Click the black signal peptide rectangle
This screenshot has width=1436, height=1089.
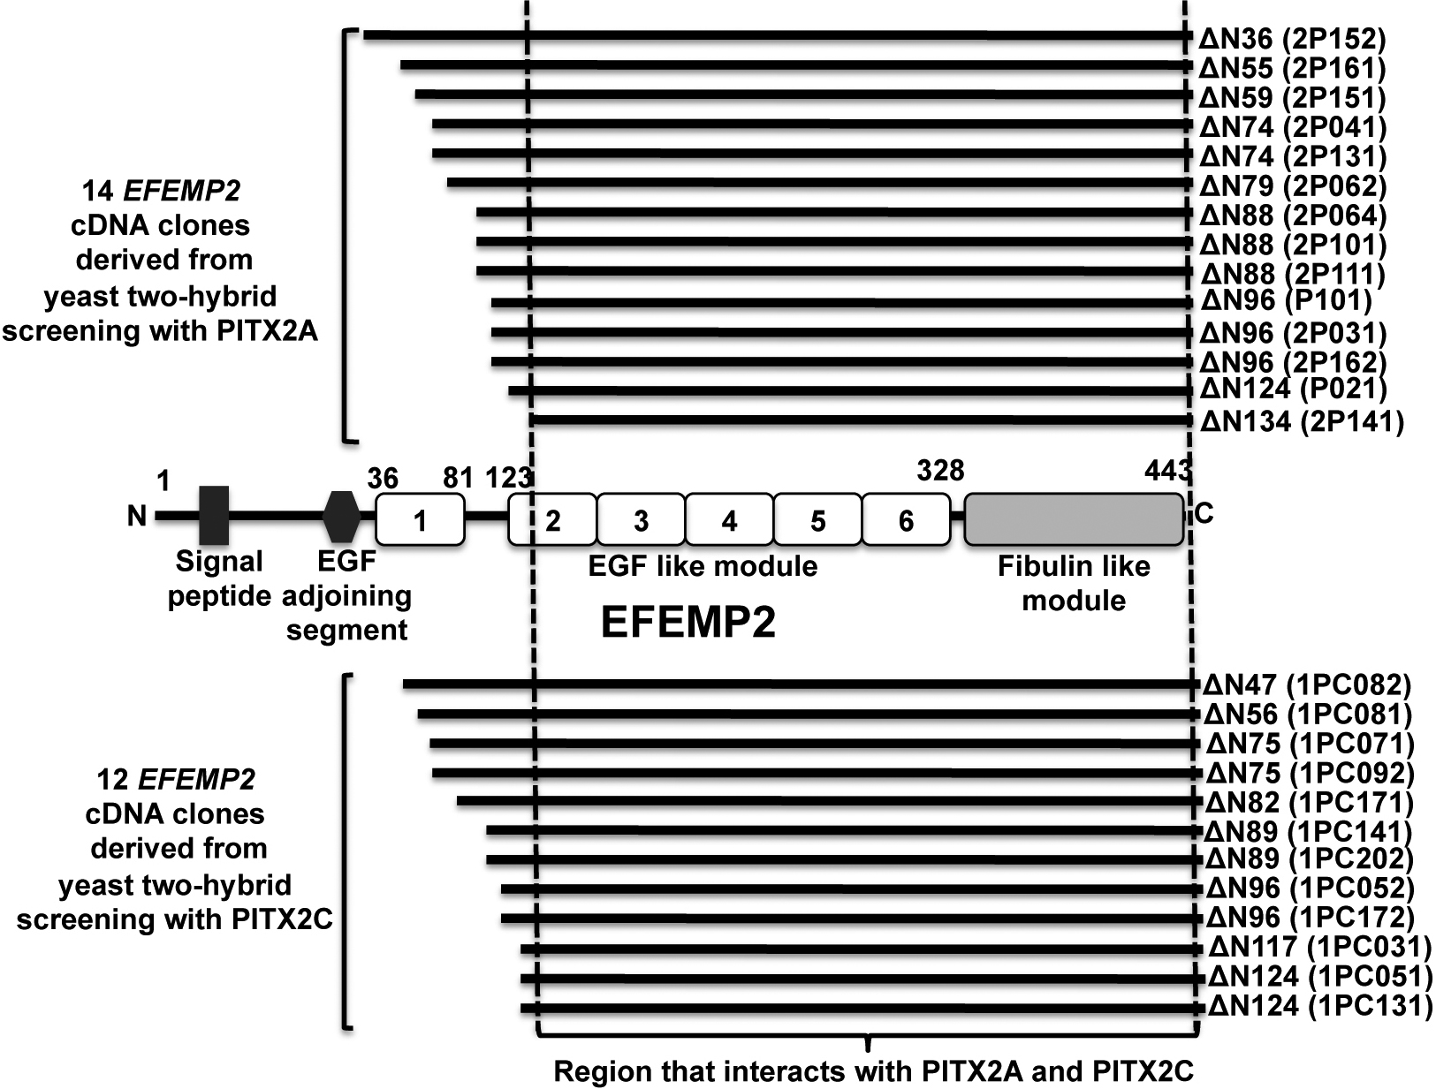tap(214, 515)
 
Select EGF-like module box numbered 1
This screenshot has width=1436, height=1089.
tap(420, 519)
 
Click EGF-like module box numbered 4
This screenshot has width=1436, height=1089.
tap(729, 519)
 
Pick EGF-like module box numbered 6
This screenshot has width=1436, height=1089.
tap(906, 519)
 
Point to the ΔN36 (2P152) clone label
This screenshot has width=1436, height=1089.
tap(1293, 38)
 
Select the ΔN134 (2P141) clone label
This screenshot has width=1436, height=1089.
tap(1302, 421)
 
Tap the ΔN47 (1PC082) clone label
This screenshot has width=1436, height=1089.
tap(1308, 684)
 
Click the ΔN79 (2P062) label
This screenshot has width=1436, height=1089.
tap(1293, 186)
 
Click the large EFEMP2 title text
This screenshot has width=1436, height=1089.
tap(688, 623)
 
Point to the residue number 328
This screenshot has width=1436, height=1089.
tap(939, 470)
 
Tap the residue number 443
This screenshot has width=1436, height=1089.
tap(1166, 471)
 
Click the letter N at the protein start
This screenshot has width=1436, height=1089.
tap(136, 516)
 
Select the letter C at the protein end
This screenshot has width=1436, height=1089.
tap(1204, 514)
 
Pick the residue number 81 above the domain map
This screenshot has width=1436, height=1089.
tap(458, 477)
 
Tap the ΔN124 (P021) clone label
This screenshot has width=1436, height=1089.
tap(1293, 389)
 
